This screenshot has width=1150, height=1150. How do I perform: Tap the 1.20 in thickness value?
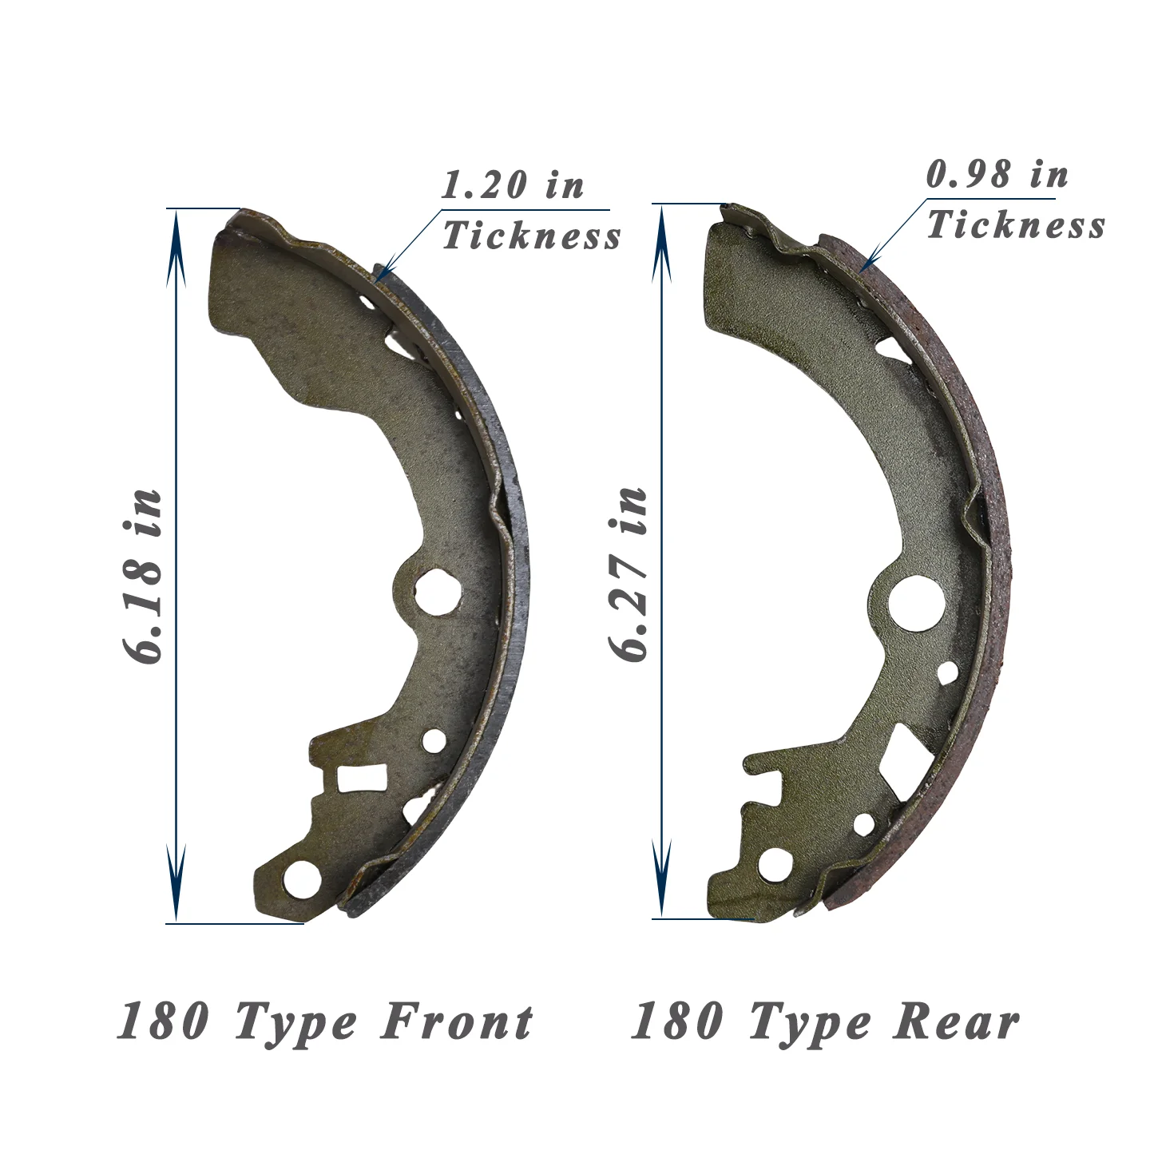tap(512, 185)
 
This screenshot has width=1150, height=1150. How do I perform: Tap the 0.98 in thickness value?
tap(997, 176)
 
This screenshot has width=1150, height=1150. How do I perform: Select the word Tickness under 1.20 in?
tap(532, 235)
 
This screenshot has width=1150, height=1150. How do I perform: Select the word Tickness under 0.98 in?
tap(1016, 225)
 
